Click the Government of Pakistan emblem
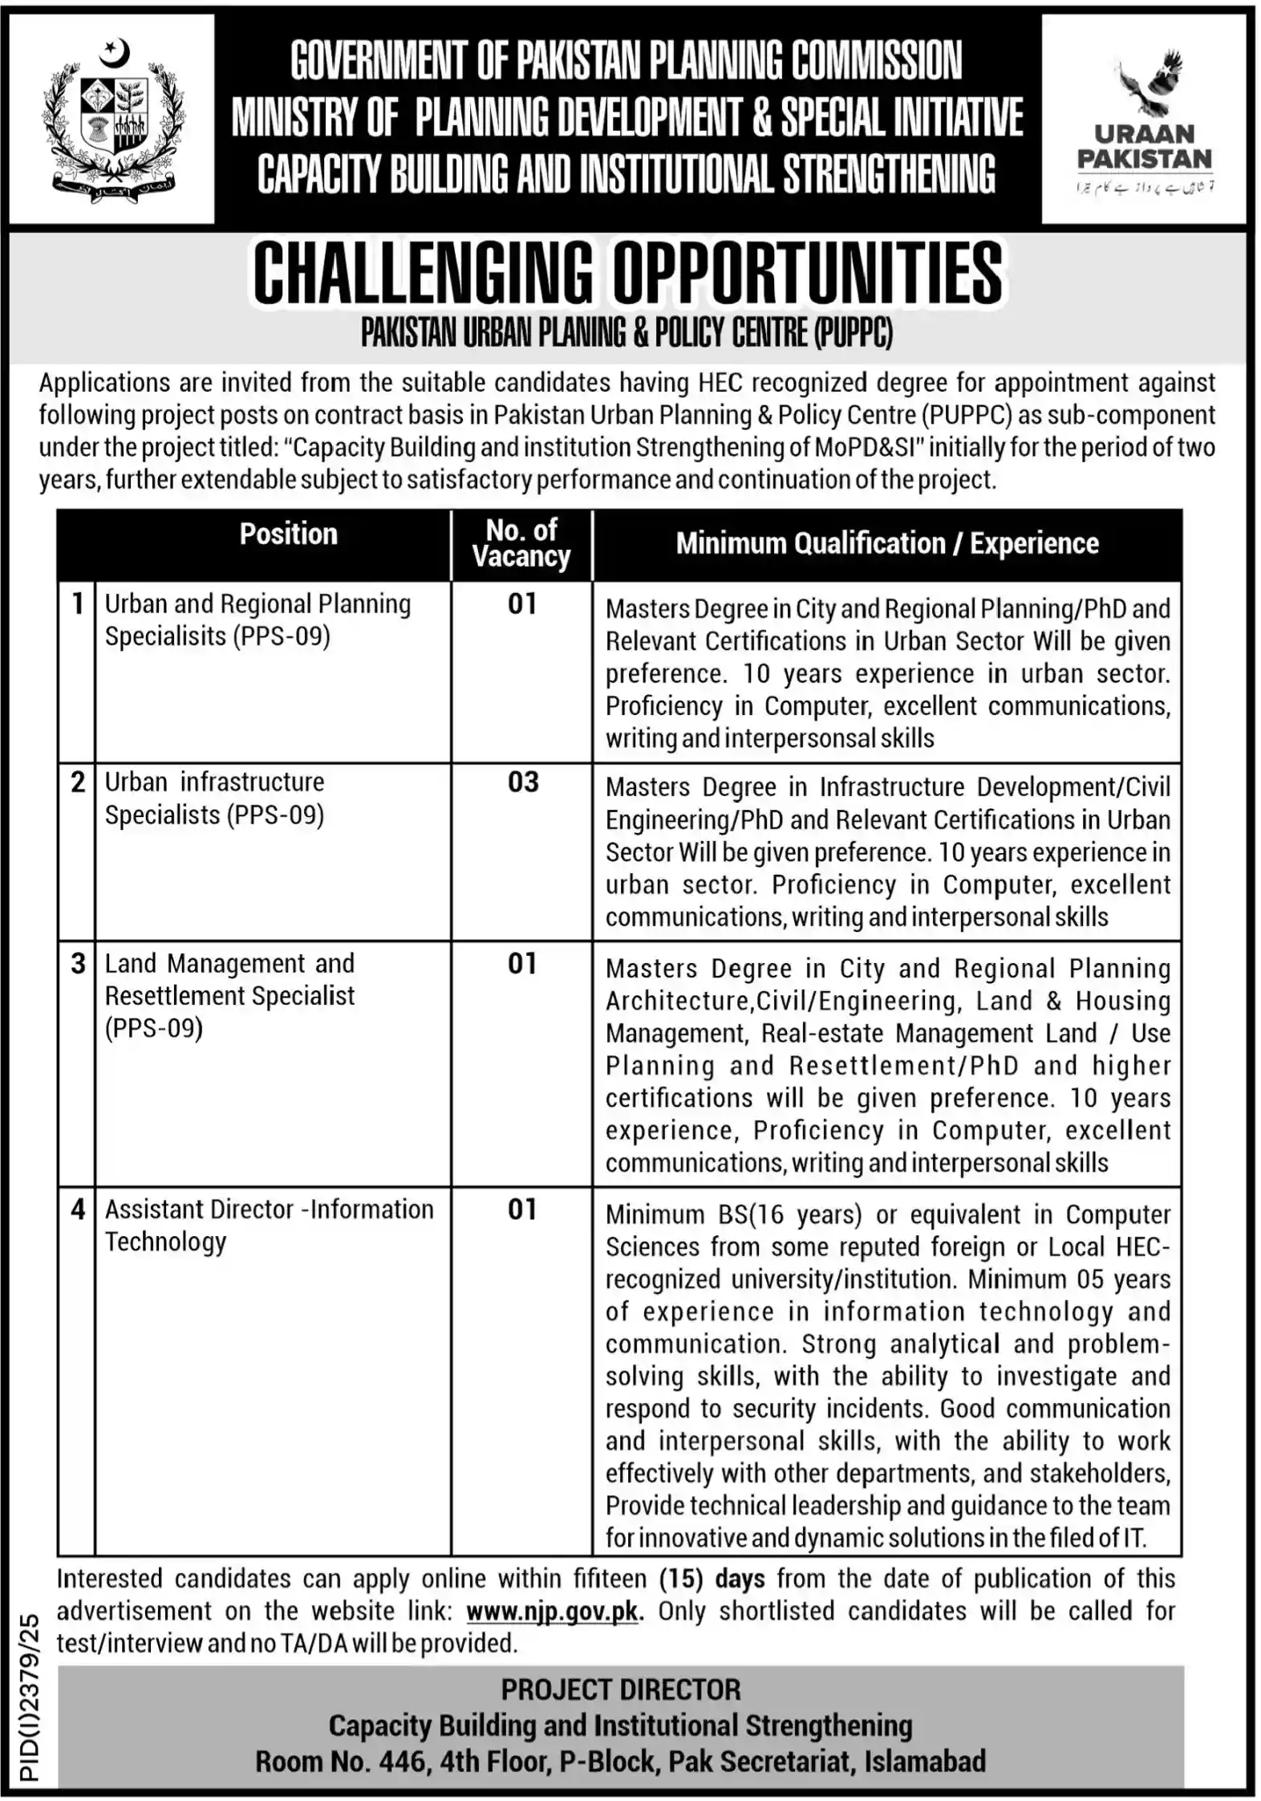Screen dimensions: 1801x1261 (112, 119)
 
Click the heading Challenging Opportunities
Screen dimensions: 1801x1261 (627, 274)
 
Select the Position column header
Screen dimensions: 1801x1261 (288, 535)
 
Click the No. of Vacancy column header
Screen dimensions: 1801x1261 (521, 543)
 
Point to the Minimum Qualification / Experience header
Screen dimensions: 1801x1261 (886, 543)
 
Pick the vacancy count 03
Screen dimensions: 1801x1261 (523, 782)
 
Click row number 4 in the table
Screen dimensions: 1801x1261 (77, 1209)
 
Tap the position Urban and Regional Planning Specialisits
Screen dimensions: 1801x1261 (257, 620)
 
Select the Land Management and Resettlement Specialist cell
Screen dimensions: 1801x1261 (229, 995)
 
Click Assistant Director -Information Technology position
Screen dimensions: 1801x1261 (269, 1225)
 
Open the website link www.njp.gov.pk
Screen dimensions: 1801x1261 (552, 1611)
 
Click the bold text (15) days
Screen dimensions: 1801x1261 (712, 1579)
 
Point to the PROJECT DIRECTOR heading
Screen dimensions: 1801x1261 (621, 1690)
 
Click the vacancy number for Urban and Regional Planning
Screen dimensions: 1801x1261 (522, 604)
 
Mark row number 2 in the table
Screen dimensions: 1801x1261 (77, 782)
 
